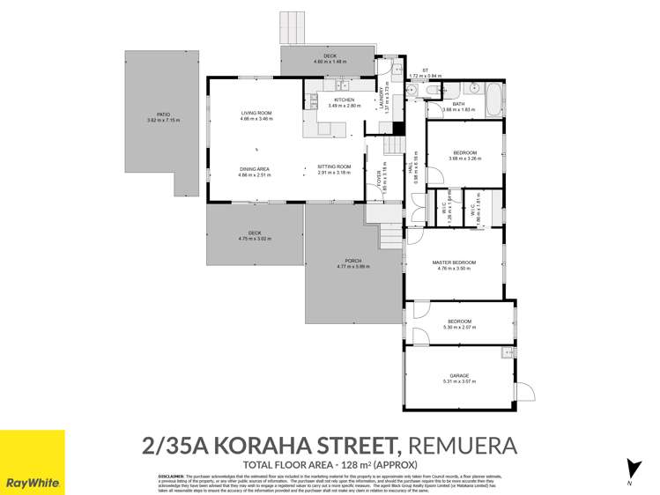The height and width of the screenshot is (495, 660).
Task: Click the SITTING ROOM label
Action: tap(334, 166)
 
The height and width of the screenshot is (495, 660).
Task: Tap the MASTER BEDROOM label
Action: tap(454, 262)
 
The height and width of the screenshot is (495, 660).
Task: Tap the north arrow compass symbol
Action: tap(630, 469)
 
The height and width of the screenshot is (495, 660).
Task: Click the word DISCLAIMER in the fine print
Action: tap(171, 476)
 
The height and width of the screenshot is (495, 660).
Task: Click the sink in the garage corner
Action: tap(504, 354)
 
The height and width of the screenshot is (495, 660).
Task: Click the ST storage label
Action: tap(425, 70)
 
